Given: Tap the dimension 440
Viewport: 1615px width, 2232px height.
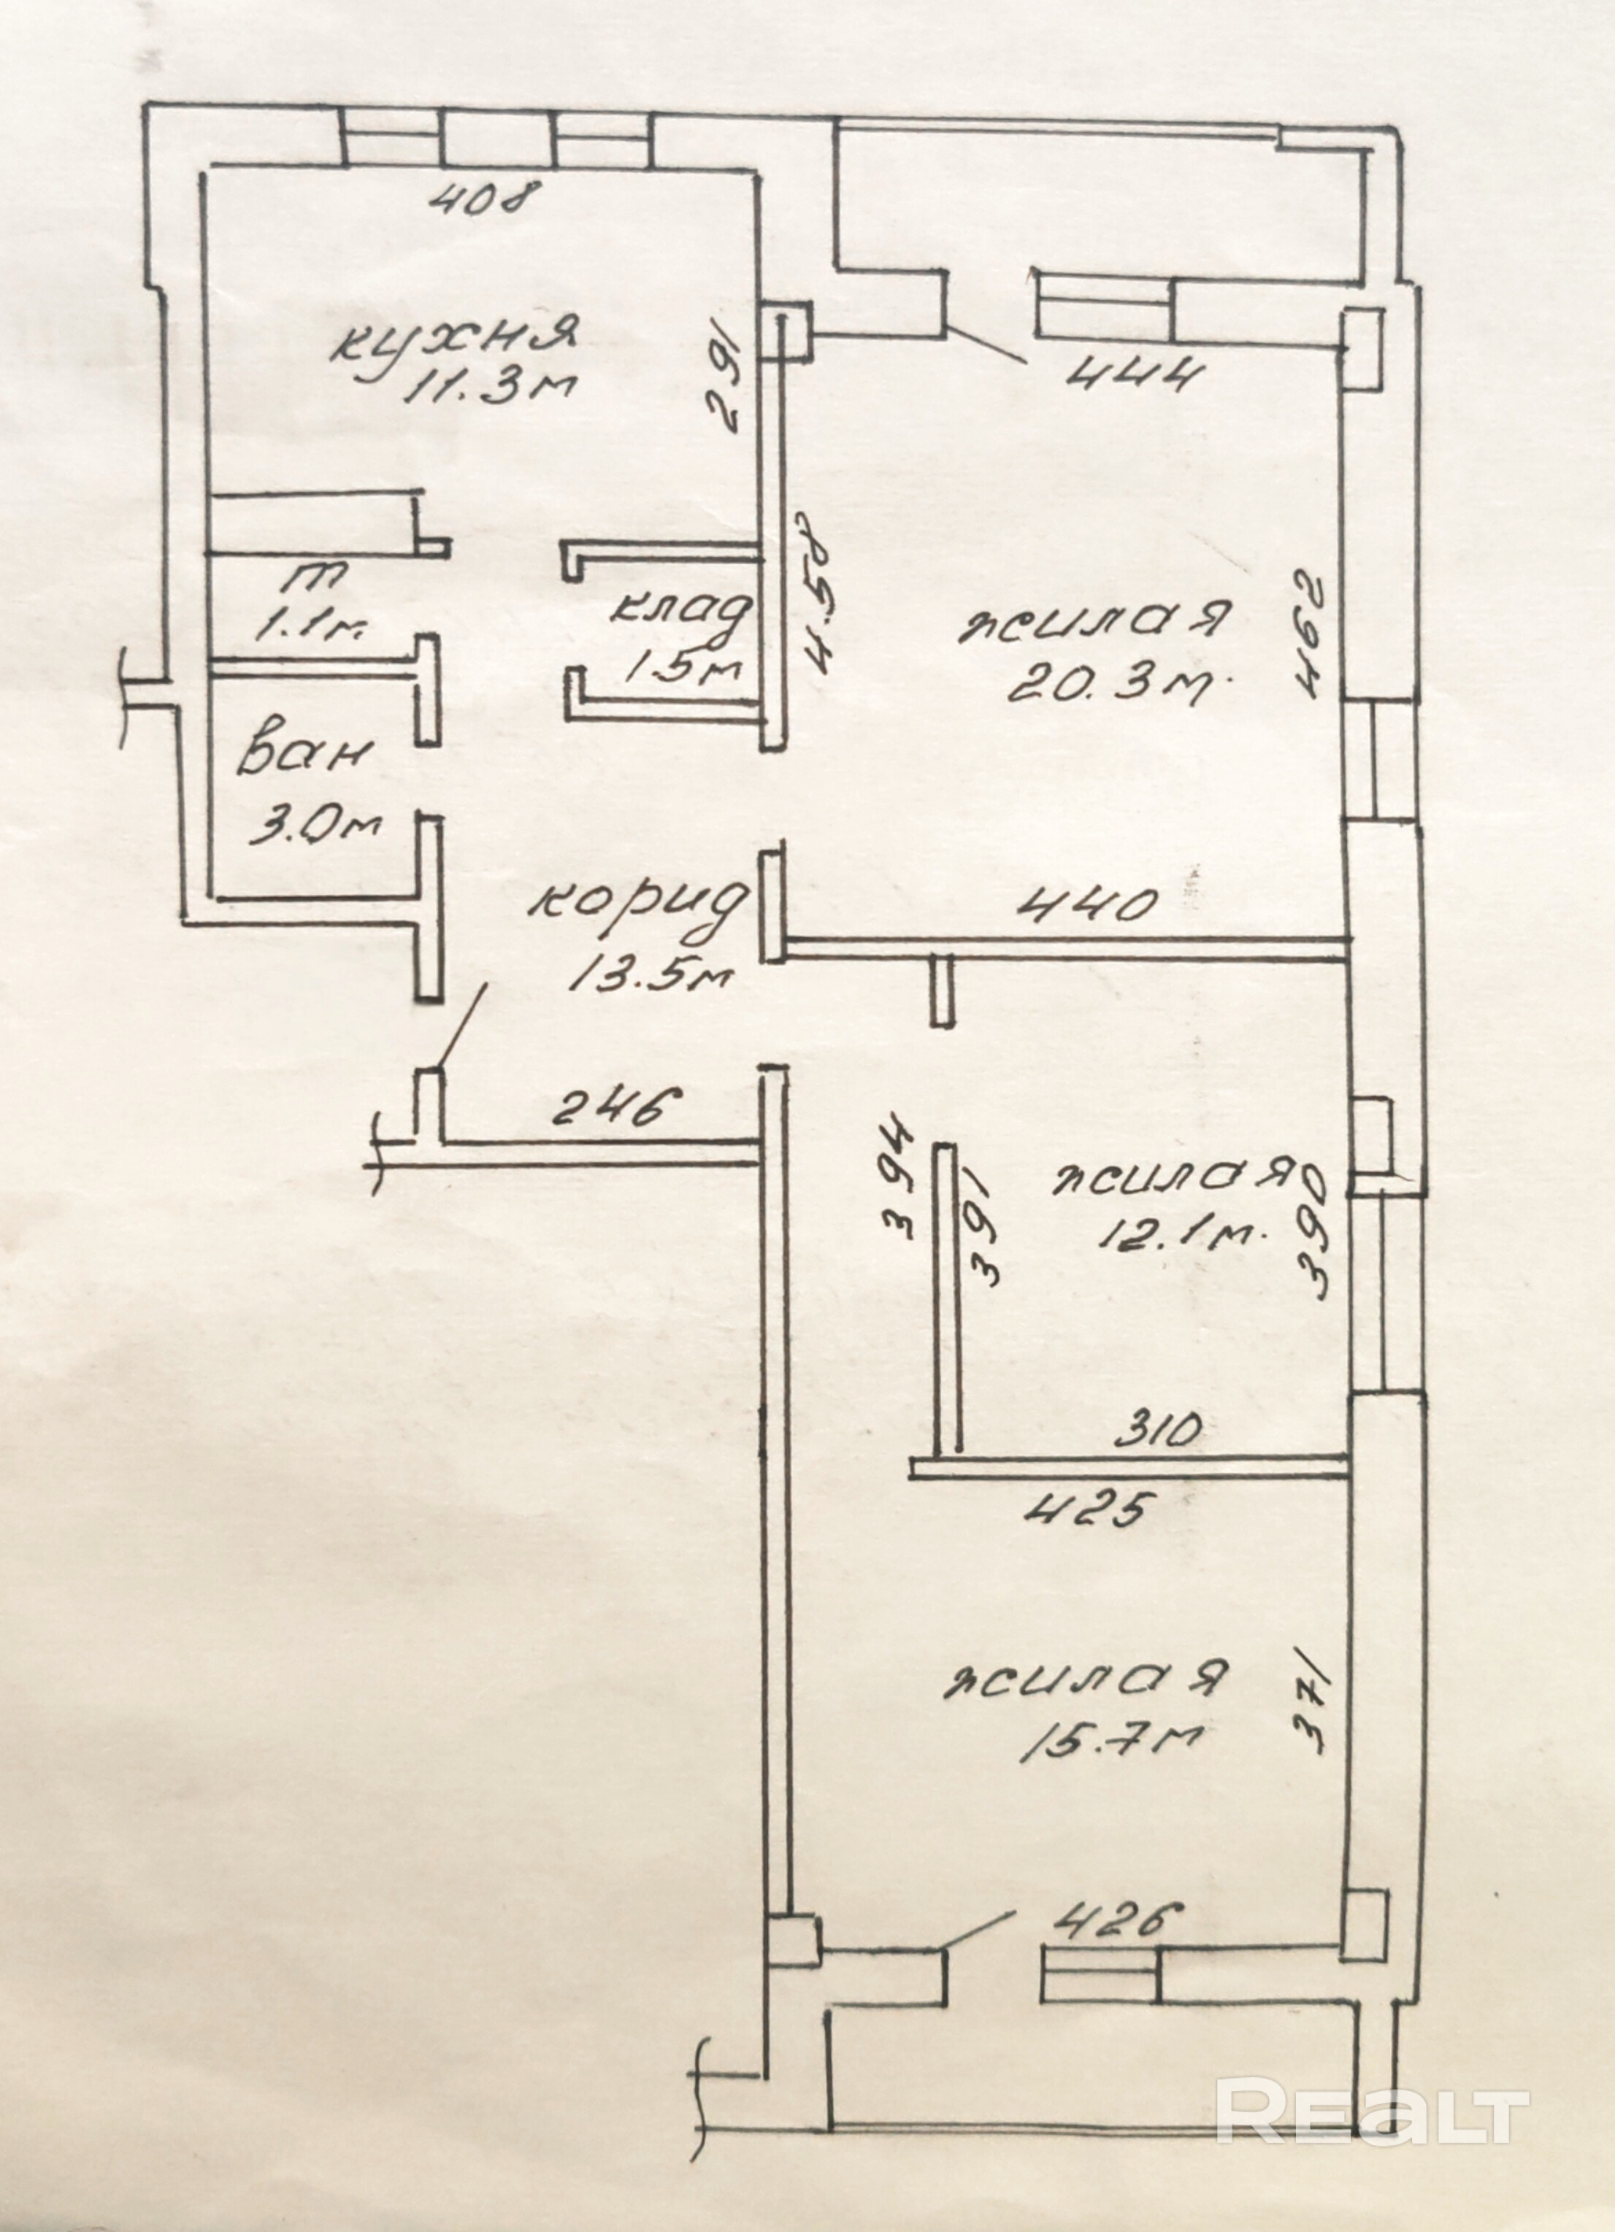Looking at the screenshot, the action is pos(1086,904).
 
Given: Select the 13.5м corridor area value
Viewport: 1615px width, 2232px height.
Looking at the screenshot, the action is pos(650,977).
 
